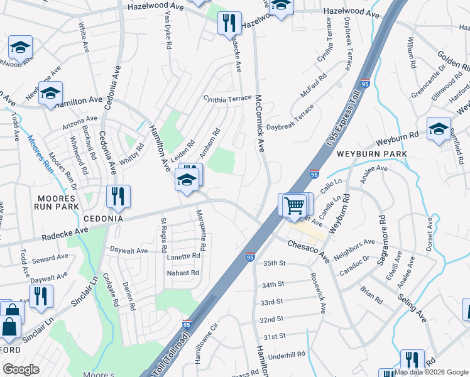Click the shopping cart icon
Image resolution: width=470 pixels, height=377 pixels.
click(293, 205)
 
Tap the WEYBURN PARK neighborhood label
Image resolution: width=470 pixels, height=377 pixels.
click(371, 154)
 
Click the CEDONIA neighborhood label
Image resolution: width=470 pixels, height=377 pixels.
click(104, 219)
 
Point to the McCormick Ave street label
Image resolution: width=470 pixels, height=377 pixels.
click(259, 123)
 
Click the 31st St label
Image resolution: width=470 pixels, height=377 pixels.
click(275, 336)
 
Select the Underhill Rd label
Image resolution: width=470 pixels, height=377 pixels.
click(287, 355)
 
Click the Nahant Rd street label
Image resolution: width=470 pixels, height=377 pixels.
click(182, 273)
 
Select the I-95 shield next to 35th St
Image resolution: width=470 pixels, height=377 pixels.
click(250, 257)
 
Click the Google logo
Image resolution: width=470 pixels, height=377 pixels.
click(21, 369)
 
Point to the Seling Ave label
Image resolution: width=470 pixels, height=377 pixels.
click(413, 309)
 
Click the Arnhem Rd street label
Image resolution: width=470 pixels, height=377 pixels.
click(210, 143)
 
